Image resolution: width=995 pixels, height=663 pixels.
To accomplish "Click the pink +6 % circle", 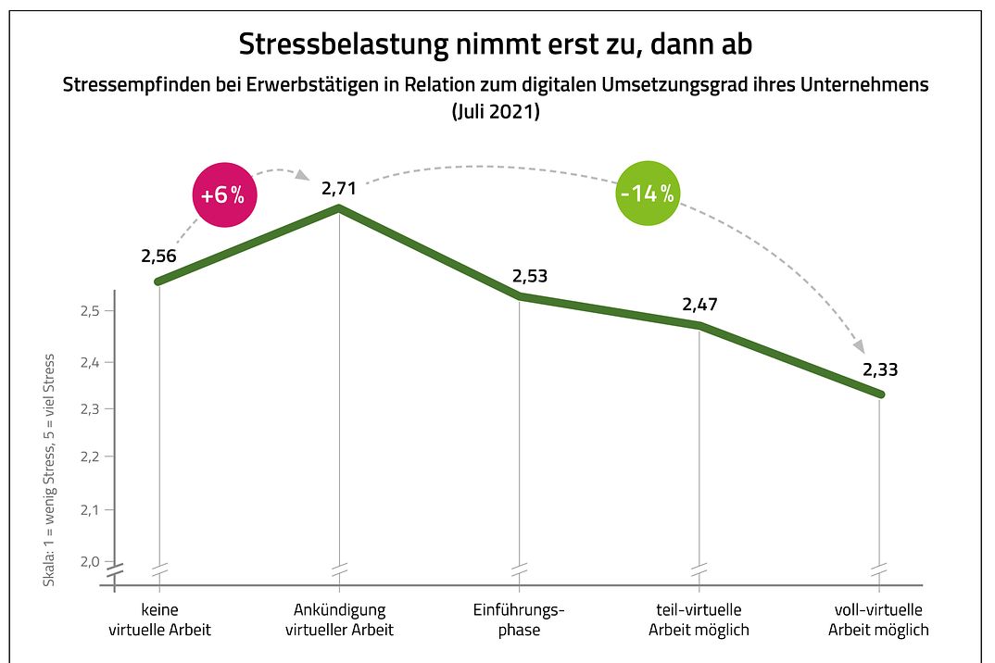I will pos(223,195).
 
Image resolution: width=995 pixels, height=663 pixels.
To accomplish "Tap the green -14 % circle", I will pos(647,194).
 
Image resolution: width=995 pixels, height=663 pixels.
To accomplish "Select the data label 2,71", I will pos(339,188).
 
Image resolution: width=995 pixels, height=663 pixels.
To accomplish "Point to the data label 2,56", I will pos(159,256).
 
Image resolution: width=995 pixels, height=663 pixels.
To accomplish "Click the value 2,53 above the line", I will pos(530,277).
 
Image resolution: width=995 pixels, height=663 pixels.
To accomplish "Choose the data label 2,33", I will pos(880,370).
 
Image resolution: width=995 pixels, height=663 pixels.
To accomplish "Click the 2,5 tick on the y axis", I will pos(89,311).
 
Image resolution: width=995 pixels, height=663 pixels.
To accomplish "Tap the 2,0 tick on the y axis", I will pos(89,561).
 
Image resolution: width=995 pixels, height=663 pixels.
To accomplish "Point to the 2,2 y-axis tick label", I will pos(89,457).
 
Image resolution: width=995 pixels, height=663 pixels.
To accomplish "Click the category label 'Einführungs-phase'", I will pos(519,620).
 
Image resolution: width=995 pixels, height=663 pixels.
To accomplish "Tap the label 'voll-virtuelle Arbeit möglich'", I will pos(878,620).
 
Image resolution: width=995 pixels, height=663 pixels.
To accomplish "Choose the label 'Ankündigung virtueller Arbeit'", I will pos(339,620).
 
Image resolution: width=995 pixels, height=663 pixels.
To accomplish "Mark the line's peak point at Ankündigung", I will pos(339,208).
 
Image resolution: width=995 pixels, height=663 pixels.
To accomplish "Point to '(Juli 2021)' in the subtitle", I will pos(497,112).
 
